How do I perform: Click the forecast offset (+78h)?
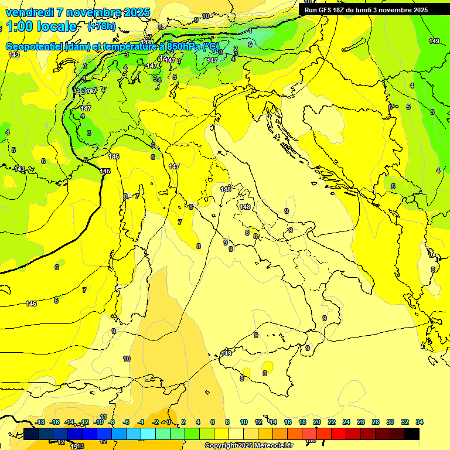click(101, 27)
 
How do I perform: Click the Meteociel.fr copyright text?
click(248, 445)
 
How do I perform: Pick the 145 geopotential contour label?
click(105, 171)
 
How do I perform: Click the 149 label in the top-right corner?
click(434, 41)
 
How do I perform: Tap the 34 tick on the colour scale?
click(420, 422)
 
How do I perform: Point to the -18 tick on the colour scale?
click(40, 422)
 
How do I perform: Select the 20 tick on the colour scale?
click(317, 422)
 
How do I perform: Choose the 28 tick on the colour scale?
click(376, 422)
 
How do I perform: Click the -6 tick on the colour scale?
click(126, 422)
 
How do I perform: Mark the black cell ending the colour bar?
click(412, 434)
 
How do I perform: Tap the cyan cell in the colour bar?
click(148, 434)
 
